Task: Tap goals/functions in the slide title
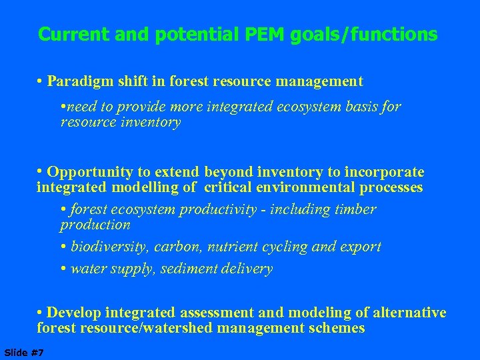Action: pos(364,34)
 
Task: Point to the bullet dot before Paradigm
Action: pos(41,82)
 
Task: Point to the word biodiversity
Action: pos(109,247)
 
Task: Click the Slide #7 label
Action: pos(24,352)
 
